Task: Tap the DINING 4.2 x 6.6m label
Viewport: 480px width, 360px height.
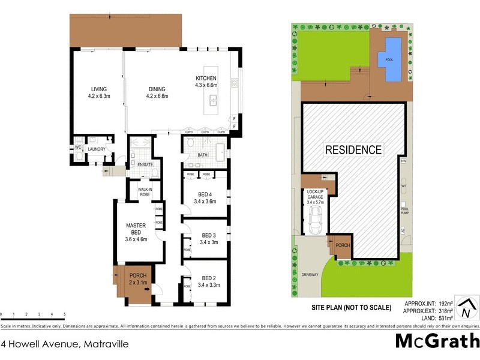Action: click(158, 92)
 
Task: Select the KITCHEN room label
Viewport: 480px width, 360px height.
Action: click(206, 82)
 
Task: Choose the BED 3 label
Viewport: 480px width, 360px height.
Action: click(208, 239)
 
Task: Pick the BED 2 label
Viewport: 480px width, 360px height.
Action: click(209, 281)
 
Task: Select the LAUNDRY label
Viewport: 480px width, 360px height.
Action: click(97, 149)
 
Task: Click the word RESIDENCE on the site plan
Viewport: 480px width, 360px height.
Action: click(353, 149)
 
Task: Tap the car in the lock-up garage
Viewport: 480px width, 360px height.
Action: click(314, 225)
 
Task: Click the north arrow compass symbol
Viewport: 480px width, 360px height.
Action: click(465, 309)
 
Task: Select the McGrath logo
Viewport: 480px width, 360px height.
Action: click(437, 341)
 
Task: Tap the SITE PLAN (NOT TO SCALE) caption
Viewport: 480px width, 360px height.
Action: click(350, 308)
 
